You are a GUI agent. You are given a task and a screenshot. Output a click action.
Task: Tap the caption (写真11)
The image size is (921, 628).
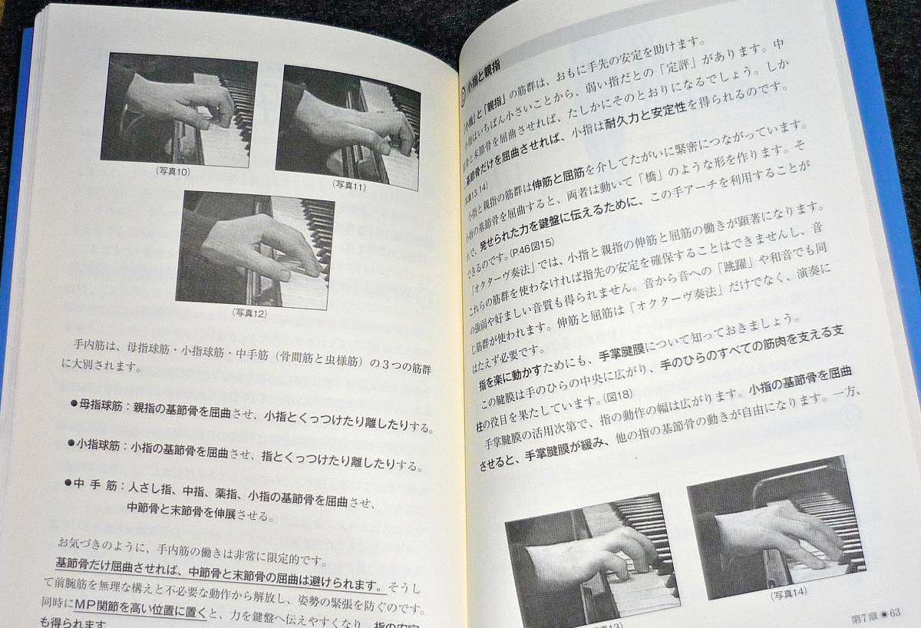349,185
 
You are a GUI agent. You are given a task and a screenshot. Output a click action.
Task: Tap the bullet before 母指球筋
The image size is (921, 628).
74,402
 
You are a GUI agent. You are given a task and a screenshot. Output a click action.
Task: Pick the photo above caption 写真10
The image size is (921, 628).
178,110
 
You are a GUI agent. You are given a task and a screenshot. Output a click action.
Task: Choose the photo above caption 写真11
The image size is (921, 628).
348,127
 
